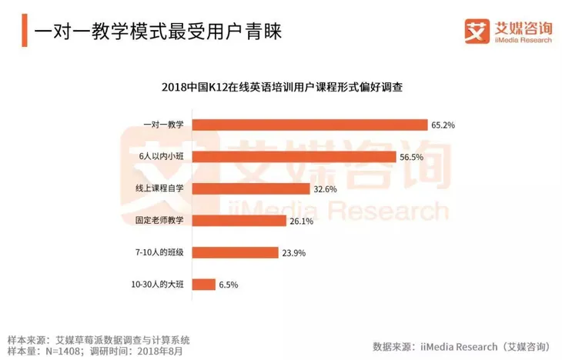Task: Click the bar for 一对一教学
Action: [x=309, y=125]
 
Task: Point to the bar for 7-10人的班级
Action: [x=235, y=252]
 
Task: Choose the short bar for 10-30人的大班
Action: [x=203, y=285]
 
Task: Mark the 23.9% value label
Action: [x=293, y=252]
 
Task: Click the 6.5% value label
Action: [x=228, y=285]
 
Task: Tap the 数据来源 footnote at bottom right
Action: [x=461, y=345]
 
